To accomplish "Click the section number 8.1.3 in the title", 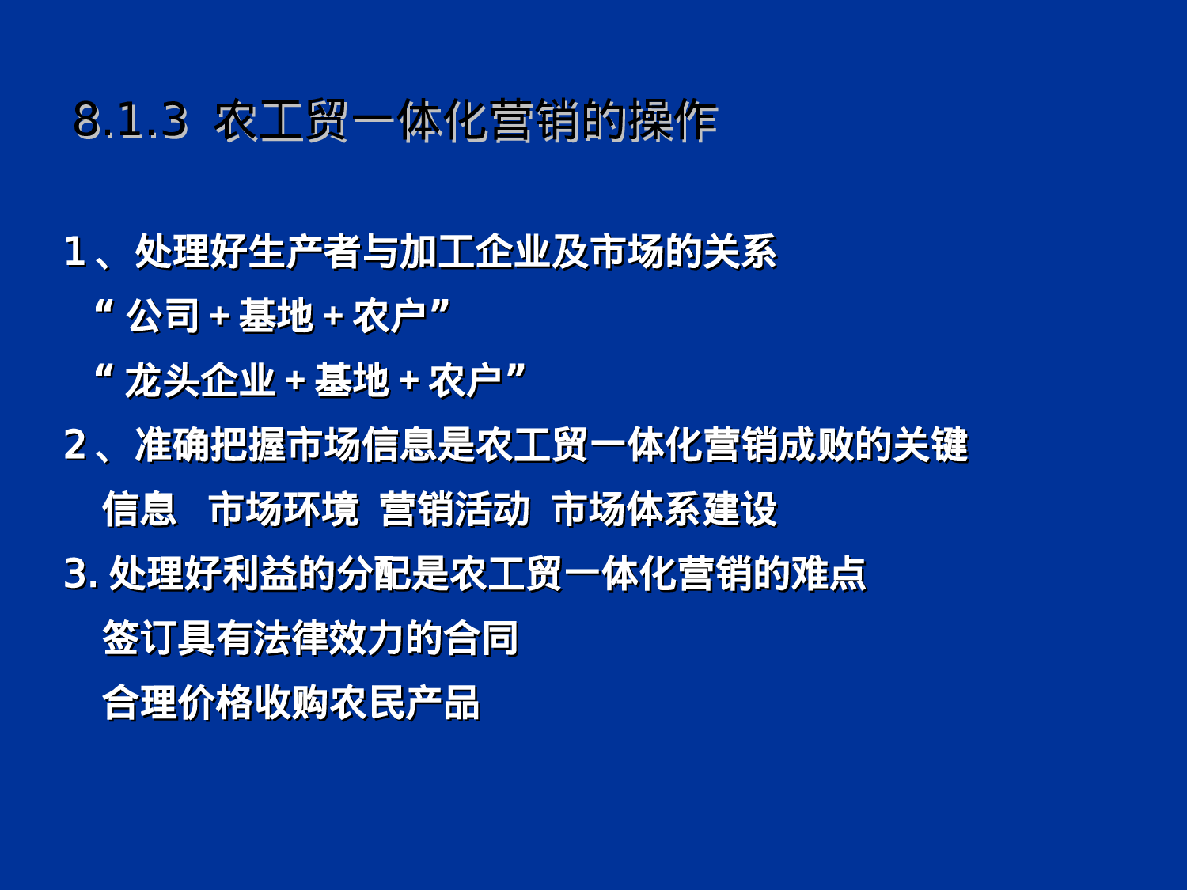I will (130, 121).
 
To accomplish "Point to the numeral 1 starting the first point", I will (74, 252).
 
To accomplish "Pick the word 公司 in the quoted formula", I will (163, 316).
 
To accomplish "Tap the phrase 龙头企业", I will (200, 381).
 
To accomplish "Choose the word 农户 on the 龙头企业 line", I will (465, 381).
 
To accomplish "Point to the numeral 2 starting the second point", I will (74, 445).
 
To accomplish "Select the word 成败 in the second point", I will (816, 445).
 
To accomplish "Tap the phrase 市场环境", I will (283, 509).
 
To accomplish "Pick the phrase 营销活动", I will (454, 509).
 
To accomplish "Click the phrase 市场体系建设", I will (665, 509).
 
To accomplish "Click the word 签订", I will (140, 638).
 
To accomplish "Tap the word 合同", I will (480, 638).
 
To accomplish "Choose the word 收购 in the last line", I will (292, 703).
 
